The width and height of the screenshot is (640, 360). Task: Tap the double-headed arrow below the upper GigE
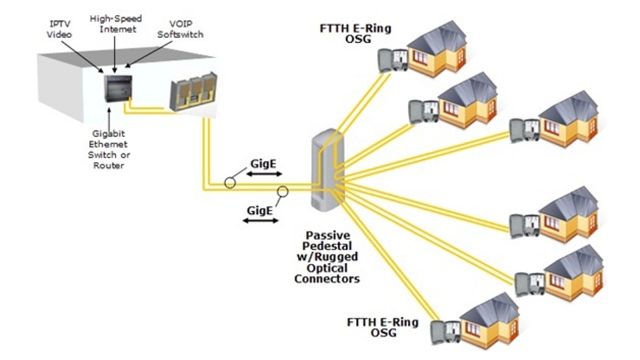tap(260, 175)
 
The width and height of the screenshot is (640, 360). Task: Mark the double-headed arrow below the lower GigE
tap(260, 220)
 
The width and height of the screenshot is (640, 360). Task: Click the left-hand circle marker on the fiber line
tap(230, 181)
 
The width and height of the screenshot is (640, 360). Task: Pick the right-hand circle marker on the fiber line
tap(283, 192)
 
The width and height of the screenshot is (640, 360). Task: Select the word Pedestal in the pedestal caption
tap(327, 247)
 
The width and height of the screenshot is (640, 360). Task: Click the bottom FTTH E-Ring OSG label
tap(383, 327)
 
